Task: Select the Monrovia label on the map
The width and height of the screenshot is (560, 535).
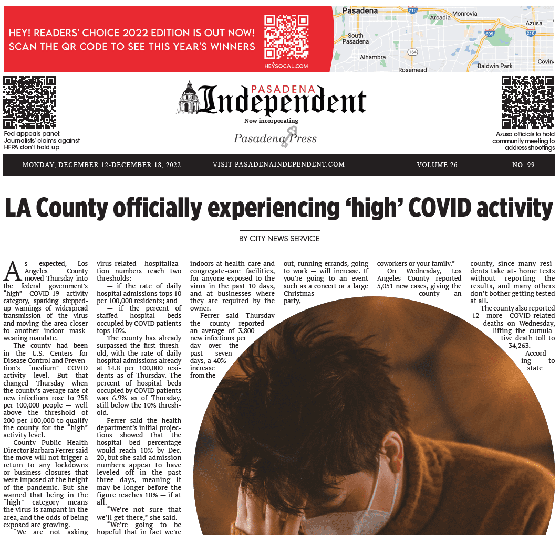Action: [465, 13]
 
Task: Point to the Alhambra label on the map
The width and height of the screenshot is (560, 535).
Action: [373, 57]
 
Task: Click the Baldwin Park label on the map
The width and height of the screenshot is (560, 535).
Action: [495, 66]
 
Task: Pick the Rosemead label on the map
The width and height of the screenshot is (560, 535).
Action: [413, 70]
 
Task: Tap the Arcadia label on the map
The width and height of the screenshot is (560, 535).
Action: [440, 18]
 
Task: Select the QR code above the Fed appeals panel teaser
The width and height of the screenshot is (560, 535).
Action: [29, 102]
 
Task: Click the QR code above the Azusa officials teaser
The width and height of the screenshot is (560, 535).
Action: [527, 102]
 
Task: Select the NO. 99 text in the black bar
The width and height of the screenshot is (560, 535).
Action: [523, 165]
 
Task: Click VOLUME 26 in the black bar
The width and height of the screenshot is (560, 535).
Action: [438, 165]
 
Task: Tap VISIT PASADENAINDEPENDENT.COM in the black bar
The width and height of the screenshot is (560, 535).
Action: [278, 165]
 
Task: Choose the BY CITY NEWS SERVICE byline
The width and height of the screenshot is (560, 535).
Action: [279, 239]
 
